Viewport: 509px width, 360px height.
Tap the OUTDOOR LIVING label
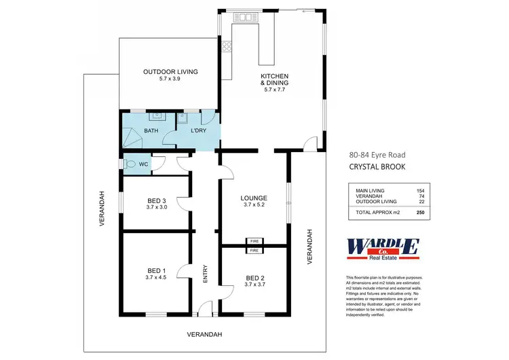pos(170,72)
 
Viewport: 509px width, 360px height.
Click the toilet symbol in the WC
pos(129,164)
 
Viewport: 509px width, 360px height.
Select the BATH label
pos(151,131)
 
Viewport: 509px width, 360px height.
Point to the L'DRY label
pos(197,131)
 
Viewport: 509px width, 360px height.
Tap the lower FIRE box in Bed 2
pos(255,251)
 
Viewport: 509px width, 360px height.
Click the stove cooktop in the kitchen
pos(227,47)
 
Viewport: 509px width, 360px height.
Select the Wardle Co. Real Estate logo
pos(382,249)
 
